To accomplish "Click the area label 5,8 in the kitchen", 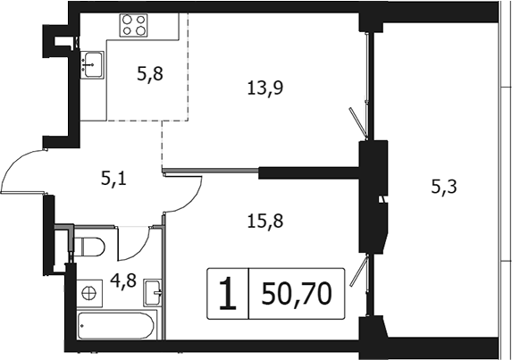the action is pos(150,75).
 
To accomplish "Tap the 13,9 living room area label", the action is pos(265,88).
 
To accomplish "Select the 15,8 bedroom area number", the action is pos(265,222).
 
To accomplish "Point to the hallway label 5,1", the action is pos(113,180).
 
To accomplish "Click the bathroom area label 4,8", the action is pos(123,280).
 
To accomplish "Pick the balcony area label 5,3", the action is pos(444,188).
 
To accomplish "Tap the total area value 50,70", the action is pos(297,294).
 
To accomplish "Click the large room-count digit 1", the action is pos(228,293).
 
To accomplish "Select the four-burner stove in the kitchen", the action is pos(133,25).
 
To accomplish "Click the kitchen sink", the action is pos(92,64).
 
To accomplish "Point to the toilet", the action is pos(88,247).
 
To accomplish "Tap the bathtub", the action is pos(116,326).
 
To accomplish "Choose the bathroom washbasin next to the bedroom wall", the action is pos(153,292).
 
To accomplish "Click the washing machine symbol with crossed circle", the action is pos(88,293).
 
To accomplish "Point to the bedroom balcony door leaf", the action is pos(358,271).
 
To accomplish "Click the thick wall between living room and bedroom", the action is pos(309,172).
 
